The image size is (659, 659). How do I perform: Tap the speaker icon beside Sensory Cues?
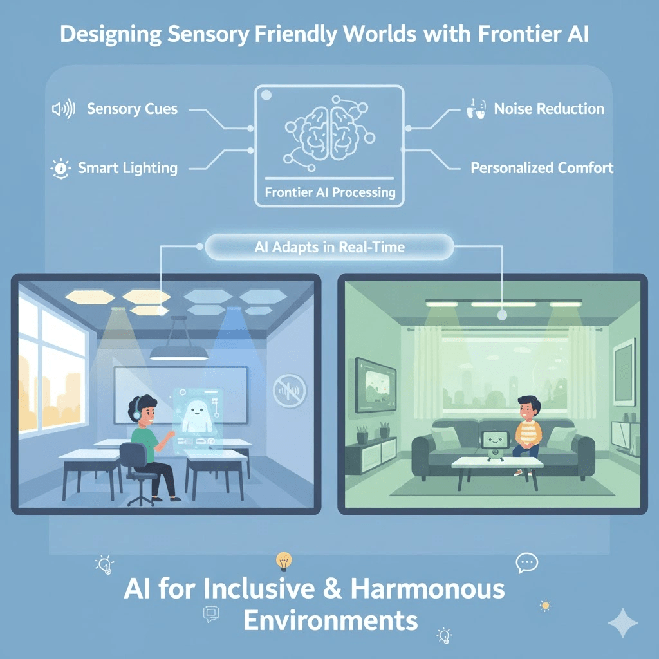click(63, 109)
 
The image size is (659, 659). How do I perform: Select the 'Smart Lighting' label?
click(127, 169)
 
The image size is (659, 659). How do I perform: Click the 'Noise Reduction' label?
click(549, 109)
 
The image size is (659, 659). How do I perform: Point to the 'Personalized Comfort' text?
click(542, 169)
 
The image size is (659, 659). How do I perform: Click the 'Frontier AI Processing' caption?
click(329, 192)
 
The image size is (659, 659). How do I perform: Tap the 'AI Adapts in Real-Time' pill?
click(329, 247)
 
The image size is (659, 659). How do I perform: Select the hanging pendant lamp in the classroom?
click(178, 351)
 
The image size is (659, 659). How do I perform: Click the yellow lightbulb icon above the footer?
click(283, 561)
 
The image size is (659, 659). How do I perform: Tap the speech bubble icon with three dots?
click(526, 563)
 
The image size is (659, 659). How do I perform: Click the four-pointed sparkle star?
click(623, 622)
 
